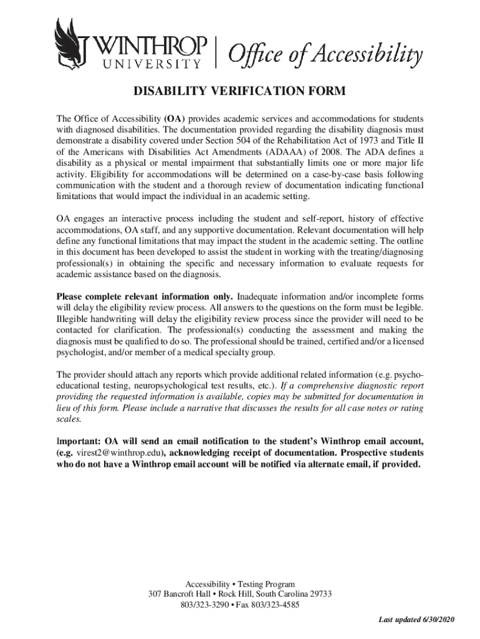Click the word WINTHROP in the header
[151, 45]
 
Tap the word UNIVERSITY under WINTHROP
[150, 62]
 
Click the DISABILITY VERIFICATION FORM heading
[239, 93]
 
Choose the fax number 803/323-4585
[277, 605]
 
